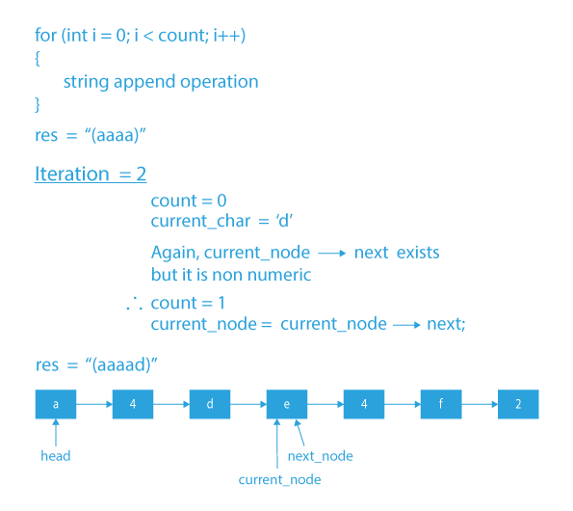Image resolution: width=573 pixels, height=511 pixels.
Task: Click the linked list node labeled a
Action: tap(56, 404)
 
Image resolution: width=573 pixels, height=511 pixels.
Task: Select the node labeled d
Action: tap(210, 404)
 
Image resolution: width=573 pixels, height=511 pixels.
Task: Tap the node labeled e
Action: tap(287, 404)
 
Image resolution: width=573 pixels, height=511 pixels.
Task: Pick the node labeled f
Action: tap(441, 404)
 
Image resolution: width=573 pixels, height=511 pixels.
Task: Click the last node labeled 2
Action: tap(518, 404)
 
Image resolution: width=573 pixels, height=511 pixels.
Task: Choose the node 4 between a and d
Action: tap(133, 404)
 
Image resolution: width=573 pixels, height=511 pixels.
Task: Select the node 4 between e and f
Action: tap(364, 404)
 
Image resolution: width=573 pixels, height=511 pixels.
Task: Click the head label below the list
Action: tap(56, 455)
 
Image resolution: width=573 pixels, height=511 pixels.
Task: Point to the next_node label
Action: tap(321, 455)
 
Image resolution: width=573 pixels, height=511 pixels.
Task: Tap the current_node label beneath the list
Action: tap(279, 479)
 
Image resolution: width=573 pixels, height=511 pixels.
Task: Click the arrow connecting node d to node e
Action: tap(248, 404)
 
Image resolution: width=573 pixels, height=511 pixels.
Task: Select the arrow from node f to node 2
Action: tap(480, 404)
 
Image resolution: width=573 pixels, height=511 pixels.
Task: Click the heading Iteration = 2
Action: tap(90, 175)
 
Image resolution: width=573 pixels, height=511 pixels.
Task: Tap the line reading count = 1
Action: tap(188, 303)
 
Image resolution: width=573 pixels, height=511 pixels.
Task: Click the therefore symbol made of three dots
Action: tap(133, 304)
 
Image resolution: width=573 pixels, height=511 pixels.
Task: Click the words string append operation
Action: tap(161, 82)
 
